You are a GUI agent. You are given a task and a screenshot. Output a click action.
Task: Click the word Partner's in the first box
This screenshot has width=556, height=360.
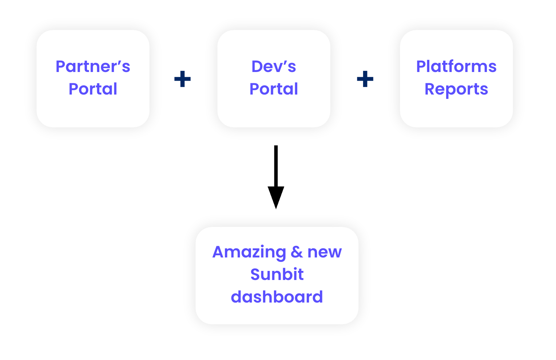pyautogui.click(x=93, y=67)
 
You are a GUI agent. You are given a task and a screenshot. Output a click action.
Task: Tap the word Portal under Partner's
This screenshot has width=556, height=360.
pyautogui.click(x=93, y=89)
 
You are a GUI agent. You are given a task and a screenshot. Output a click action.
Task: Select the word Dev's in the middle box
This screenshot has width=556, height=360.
pyautogui.click(x=274, y=67)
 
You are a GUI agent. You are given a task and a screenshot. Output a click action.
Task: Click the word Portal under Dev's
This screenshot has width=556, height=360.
pyautogui.click(x=274, y=89)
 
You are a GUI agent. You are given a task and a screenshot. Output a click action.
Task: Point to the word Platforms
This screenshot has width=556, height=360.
pyautogui.click(x=456, y=67)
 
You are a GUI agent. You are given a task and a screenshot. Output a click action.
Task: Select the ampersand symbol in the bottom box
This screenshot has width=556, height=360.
pyautogui.click(x=297, y=252)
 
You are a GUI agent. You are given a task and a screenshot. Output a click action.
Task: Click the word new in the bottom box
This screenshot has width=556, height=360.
pyautogui.click(x=325, y=253)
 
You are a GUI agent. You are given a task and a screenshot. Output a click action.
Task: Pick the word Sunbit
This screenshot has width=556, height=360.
pyautogui.click(x=277, y=275)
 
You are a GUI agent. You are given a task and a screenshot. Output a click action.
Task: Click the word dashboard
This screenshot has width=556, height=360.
pyautogui.click(x=277, y=297)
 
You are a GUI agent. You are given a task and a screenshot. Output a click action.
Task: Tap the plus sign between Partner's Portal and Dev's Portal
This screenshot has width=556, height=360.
pyautogui.click(x=182, y=79)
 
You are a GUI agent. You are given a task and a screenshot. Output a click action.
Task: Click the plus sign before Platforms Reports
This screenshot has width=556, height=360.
pyautogui.click(x=365, y=79)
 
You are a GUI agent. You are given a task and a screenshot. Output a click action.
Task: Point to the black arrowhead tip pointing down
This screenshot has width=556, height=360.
pyautogui.click(x=276, y=209)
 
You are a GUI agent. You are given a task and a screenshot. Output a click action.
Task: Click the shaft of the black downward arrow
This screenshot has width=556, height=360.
pyautogui.click(x=276, y=166)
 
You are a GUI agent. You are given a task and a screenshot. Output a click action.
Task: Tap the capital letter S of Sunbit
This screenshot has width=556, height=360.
pyautogui.click(x=256, y=275)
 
